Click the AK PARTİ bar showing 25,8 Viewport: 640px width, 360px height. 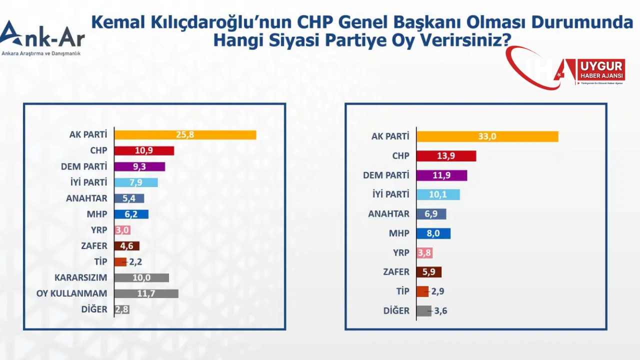[185, 135]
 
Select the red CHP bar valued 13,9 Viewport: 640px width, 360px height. [446, 156]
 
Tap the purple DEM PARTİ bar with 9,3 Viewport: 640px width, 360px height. [139, 166]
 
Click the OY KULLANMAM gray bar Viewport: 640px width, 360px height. [146, 293]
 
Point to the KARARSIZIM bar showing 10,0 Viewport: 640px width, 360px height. [141, 277]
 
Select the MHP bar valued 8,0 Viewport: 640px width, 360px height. [433, 233]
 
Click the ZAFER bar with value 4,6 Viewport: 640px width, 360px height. [127, 246]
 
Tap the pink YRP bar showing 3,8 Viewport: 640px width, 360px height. [424, 252]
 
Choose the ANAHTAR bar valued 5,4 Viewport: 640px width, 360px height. [129, 198]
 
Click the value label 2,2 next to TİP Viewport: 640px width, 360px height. [135, 261]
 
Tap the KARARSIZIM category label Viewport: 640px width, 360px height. [80, 277]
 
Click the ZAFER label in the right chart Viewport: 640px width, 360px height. [397, 272]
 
